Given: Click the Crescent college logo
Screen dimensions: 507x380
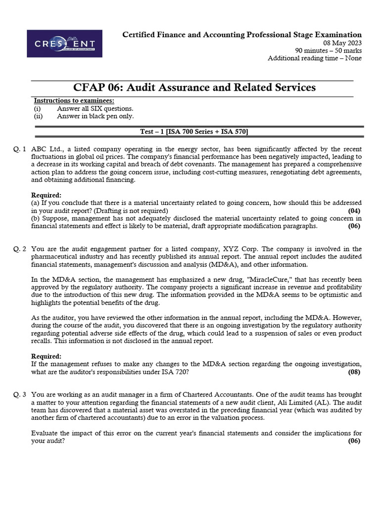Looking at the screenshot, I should pyautogui.click(x=64, y=44).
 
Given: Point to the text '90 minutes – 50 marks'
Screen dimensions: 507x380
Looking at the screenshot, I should pyautogui.click(x=328, y=51).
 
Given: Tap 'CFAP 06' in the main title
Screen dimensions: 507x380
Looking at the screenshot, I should pyautogui.click(x=97, y=88).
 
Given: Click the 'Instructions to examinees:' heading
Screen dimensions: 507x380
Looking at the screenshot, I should pyautogui.click(x=74, y=101).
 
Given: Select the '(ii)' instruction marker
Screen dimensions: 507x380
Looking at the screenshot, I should pyautogui.click(x=38, y=116).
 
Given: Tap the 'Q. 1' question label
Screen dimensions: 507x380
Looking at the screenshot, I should pyautogui.click(x=20, y=149).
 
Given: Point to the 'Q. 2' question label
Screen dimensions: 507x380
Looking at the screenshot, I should pyautogui.click(x=20, y=249).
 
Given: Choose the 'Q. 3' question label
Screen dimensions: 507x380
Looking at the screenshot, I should pyautogui.click(x=20, y=395).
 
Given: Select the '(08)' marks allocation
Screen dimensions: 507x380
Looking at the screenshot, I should pyautogui.click(x=354, y=372).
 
